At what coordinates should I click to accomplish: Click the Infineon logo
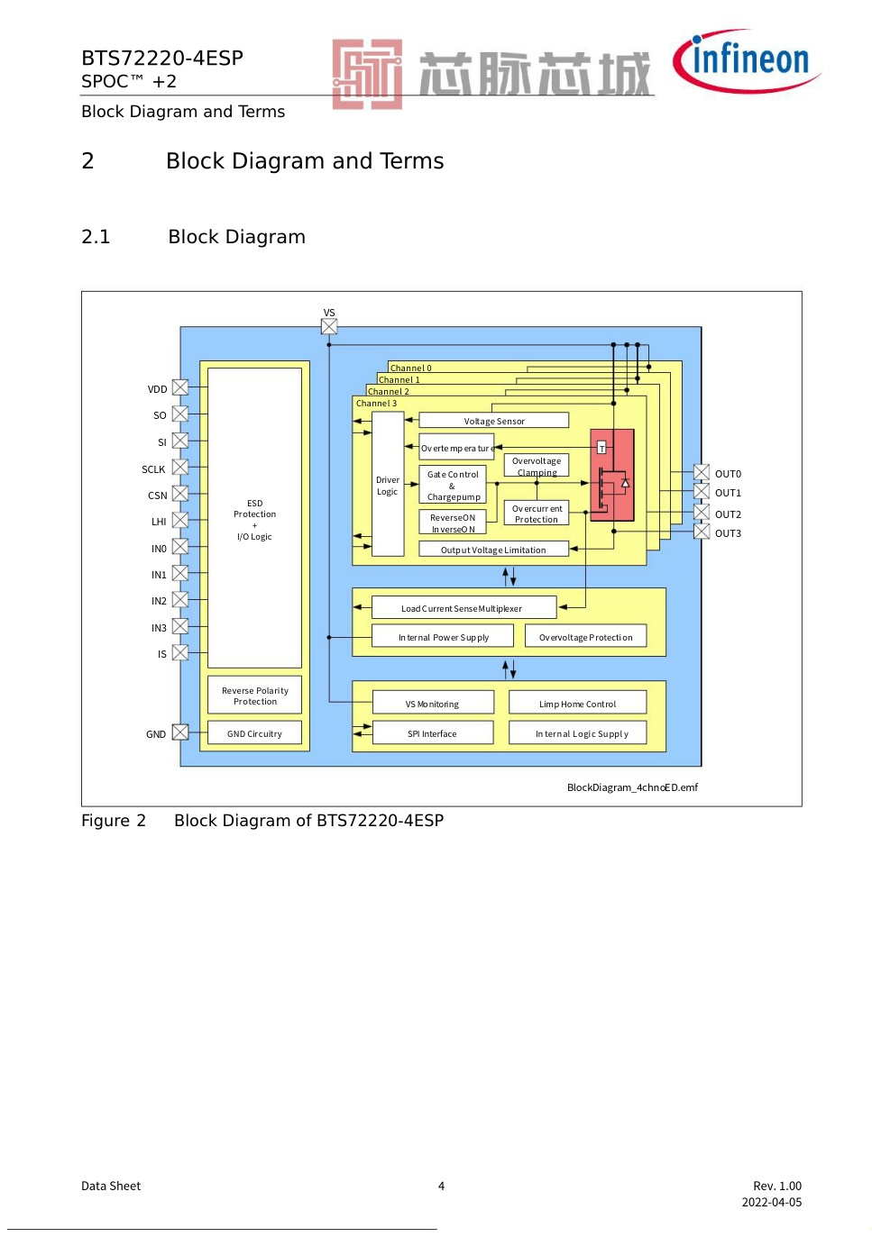coord(747,61)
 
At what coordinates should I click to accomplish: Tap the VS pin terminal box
coord(329,327)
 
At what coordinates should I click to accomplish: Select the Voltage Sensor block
coord(493,420)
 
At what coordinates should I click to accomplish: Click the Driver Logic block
coord(388,485)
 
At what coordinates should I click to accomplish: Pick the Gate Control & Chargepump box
coord(453,485)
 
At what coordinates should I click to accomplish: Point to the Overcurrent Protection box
coord(537,514)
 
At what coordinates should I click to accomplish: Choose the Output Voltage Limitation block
coord(493,549)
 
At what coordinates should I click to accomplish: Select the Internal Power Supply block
coord(443,636)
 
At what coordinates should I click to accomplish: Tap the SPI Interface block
coord(433,733)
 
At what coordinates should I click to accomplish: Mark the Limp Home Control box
coord(577,703)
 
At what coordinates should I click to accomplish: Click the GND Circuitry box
coord(254,733)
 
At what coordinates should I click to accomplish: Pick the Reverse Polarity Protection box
coord(254,696)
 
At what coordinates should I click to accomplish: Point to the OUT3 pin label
coord(728,533)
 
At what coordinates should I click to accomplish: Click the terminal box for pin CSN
coord(180,495)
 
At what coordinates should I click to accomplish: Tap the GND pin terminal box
coord(180,733)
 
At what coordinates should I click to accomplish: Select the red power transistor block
coord(612,476)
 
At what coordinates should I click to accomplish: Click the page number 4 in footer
coord(441,1186)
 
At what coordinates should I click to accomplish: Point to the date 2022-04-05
coord(771,1202)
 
